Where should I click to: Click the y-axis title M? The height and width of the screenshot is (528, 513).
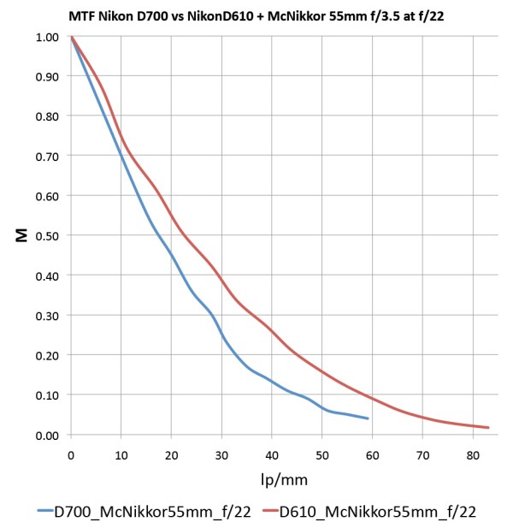22,235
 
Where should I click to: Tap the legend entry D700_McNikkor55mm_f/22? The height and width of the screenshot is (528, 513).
148,512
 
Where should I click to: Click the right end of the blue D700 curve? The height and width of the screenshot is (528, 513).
368,418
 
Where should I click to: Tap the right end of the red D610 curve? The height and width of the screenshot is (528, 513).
488,428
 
